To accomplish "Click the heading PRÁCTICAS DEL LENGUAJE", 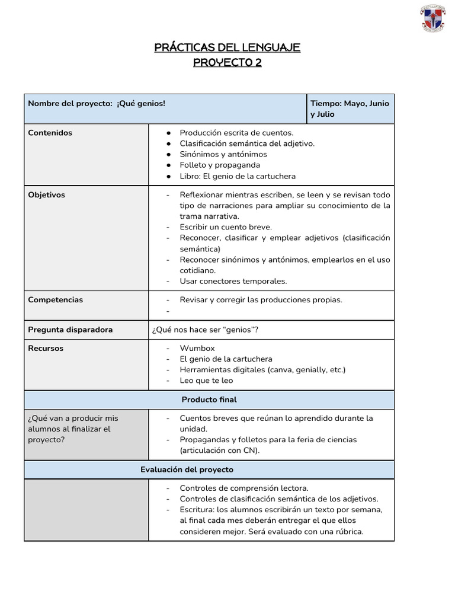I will point(227,47).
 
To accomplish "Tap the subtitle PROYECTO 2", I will point(227,63).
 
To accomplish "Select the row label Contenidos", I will point(50,133).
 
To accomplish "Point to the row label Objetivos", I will point(47,195).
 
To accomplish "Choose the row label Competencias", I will point(56,300).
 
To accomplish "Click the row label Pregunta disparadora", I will point(71,330).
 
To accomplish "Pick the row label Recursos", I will point(46,349).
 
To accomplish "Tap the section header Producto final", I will point(209,400).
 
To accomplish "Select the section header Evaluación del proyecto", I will point(187,469).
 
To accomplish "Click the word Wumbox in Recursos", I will point(197,349).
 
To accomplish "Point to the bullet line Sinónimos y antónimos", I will point(223,154).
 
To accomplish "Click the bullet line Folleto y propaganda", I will point(220,165).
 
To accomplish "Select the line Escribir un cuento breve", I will point(226,227).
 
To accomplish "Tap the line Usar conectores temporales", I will point(233,281).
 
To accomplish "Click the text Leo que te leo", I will point(206,381).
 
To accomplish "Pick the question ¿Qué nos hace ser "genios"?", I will point(205,330).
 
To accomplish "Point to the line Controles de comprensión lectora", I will point(244,488).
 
